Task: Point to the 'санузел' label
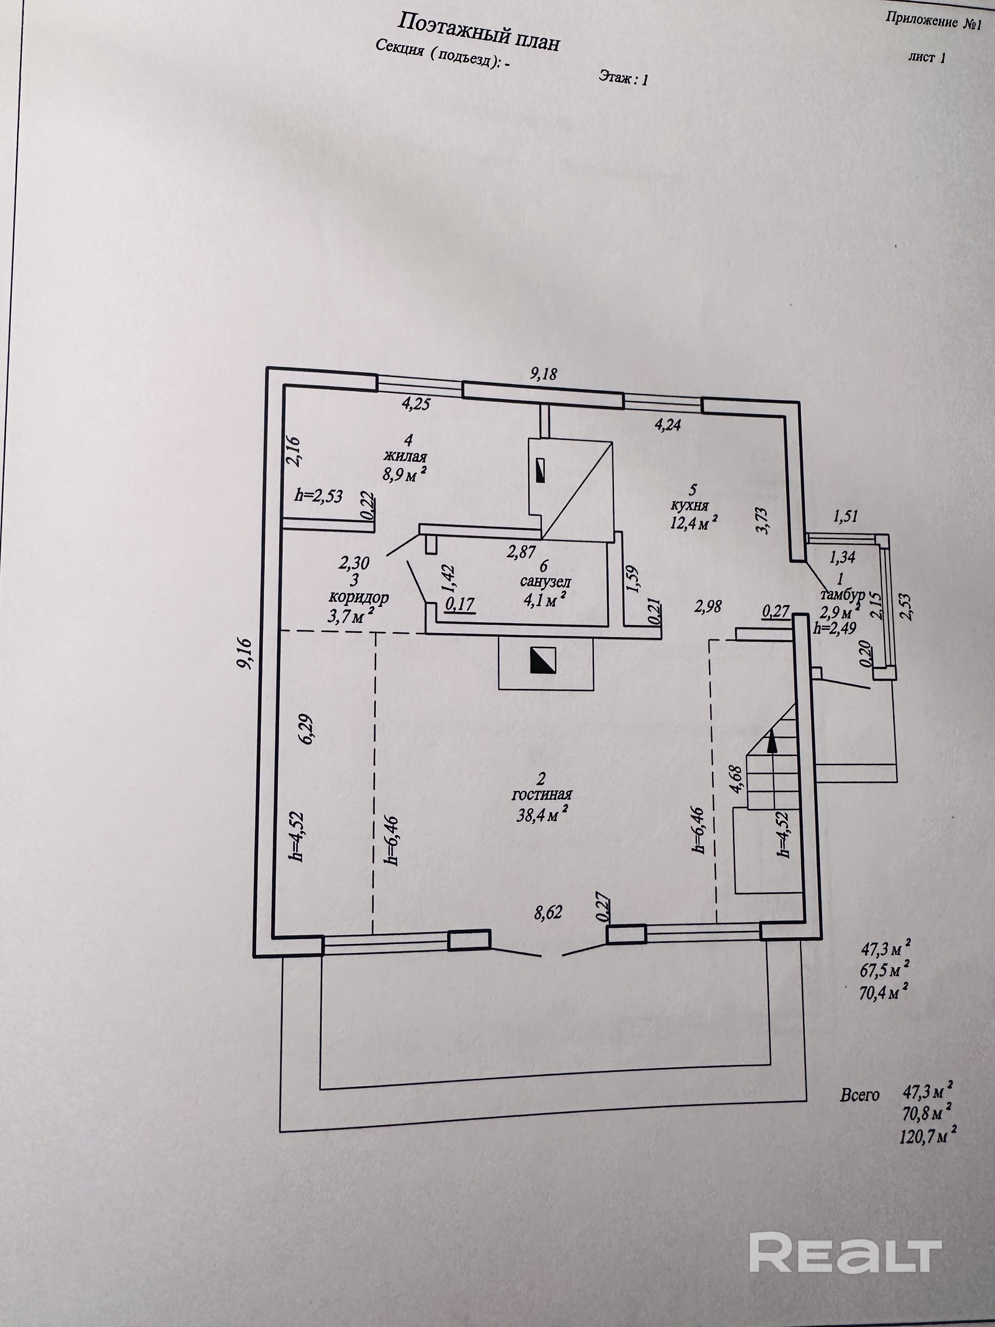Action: [x=545, y=581]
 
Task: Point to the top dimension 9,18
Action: [x=543, y=374]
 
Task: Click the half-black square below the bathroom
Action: [x=542, y=660]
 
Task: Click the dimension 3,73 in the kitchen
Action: [x=762, y=520]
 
